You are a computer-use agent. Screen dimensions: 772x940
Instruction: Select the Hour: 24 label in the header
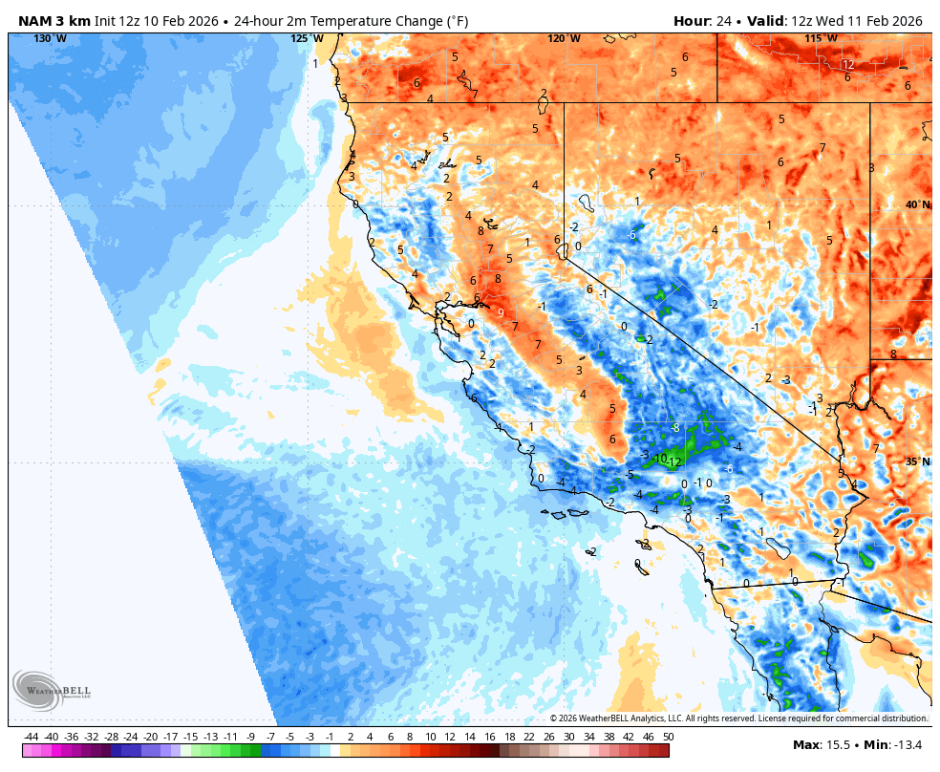pyautogui.click(x=704, y=21)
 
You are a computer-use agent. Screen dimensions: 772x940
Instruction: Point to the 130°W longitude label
pyautogui.click(x=51, y=38)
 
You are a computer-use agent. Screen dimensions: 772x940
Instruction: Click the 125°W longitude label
pyautogui.click(x=307, y=38)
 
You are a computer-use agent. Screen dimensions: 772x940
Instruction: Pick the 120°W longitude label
pyautogui.click(x=564, y=38)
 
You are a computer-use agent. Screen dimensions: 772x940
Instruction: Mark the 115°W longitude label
pyautogui.click(x=821, y=38)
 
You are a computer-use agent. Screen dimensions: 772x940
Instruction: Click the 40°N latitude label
pyautogui.click(x=917, y=204)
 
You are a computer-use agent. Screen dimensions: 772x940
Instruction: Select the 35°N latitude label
pyautogui.click(x=917, y=461)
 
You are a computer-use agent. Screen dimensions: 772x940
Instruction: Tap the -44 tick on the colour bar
pyautogui.click(x=32, y=737)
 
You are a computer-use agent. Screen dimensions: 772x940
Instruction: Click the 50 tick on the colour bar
pyautogui.click(x=668, y=737)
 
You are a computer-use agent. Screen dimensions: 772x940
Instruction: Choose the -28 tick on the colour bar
pyautogui.click(x=111, y=737)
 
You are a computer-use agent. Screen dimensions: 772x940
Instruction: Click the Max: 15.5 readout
pyautogui.click(x=818, y=745)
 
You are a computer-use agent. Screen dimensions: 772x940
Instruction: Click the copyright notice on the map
pyautogui.click(x=738, y=718)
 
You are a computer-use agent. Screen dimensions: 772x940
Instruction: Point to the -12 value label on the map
pyautogui.click(x=674, y=462)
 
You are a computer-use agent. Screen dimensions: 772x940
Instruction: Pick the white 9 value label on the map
pyautogui.click(x=501, y=312)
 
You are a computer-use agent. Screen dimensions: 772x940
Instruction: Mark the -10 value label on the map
pyautogui.click(x=658, y=458)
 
